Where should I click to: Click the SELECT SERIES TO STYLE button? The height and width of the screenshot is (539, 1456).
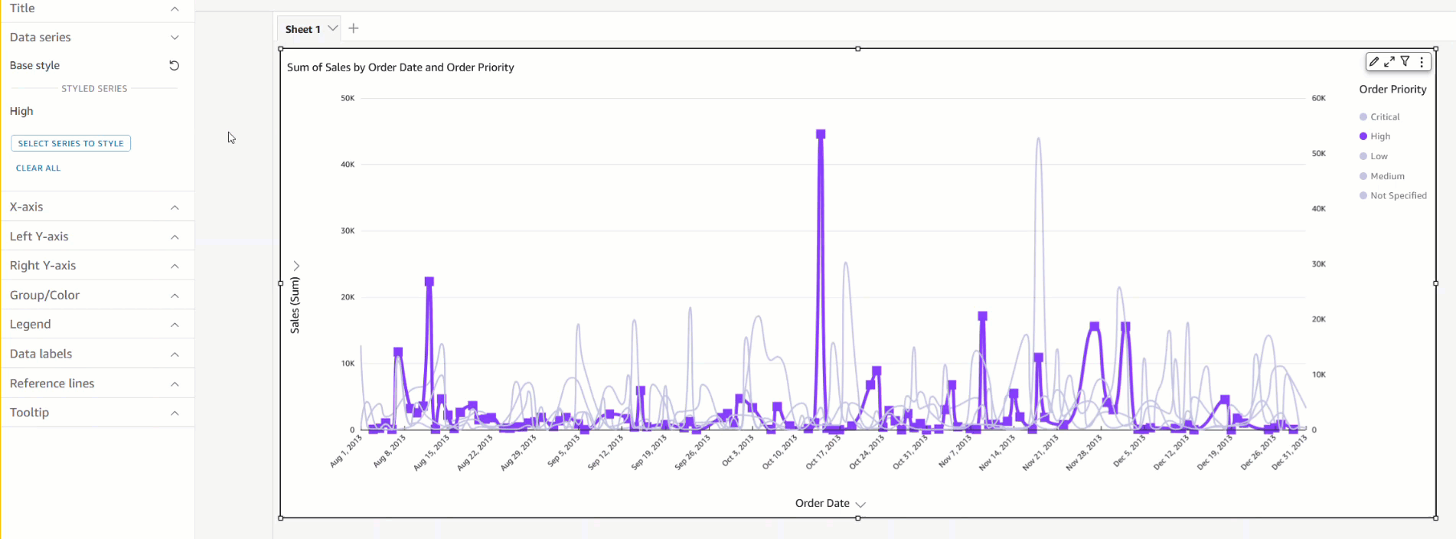[70, 143]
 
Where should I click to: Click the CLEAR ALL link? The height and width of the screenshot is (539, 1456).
[38, 168]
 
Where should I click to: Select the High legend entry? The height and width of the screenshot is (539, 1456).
[1380, 136]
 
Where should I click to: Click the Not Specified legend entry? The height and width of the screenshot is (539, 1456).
[1398, 196]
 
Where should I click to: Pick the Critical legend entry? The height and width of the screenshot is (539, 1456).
[1385, 117]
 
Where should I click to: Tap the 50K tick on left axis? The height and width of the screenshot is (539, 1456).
[348, 98]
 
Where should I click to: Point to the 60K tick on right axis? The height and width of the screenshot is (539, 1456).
[1318, 98]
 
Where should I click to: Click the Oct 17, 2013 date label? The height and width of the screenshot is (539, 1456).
[824, 452]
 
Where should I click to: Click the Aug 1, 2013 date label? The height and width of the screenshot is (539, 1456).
[346, 452]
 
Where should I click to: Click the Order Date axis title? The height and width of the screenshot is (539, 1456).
[822, 503]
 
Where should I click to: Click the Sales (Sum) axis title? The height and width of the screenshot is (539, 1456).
[295, 305]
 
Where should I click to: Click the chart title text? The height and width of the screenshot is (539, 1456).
[400, 67]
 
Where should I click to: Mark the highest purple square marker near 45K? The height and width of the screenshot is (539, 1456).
[821, 134]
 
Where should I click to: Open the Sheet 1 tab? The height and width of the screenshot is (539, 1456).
[302, 29]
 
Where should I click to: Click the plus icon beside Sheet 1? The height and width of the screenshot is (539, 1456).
[354, 28]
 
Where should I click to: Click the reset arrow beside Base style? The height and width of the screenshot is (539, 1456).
[175, 65]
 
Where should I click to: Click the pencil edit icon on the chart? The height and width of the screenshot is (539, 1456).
[1374, 62]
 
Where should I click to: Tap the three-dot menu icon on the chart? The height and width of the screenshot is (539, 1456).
[1422, 62]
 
